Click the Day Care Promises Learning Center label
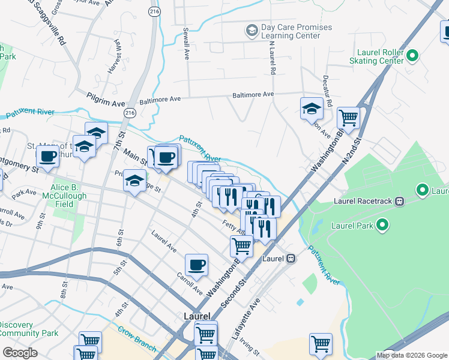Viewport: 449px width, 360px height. point(297,32)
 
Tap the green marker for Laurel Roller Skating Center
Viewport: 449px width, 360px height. point(412,56)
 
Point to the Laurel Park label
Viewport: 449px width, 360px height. point(352,226)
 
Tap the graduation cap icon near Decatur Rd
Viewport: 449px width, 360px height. point(312,109)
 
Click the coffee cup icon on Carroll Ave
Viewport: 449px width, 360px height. point(196,265)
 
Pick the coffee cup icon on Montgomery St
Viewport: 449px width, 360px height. point(47,157)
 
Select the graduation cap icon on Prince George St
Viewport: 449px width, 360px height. point(135,180)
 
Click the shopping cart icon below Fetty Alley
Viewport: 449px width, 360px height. point(241,245)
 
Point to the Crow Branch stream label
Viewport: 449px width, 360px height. point(137,339)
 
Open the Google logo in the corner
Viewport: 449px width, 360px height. point(20,353)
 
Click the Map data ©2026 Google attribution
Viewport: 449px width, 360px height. point(411,355)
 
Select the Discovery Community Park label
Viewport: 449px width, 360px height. point(28,329)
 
